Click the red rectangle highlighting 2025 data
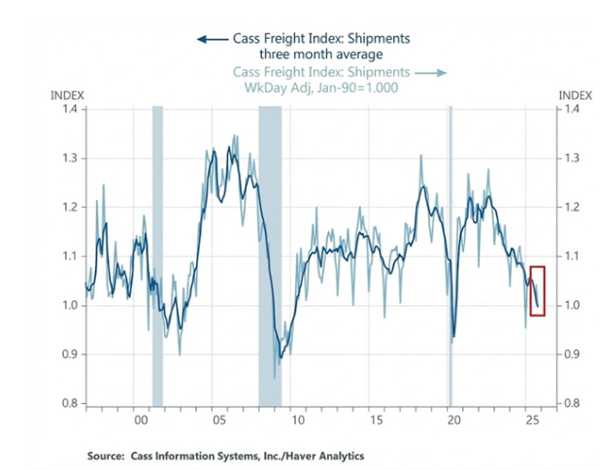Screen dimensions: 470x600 point(537,289)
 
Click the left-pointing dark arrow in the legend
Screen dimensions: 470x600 point(206,39)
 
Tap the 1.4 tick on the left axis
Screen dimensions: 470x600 point(73,109)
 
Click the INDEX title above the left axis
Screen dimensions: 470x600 point(67,95)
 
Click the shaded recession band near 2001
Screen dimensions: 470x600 point(157,252)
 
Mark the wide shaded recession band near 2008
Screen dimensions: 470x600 point(270,252)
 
